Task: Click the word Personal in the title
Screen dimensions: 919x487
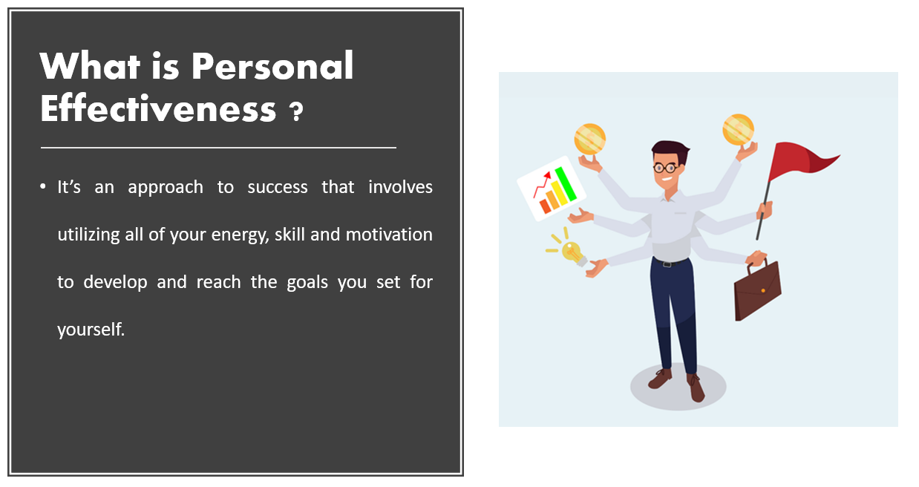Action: point(272,65)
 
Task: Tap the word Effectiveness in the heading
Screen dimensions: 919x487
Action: point(158,108)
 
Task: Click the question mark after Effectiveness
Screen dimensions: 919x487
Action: point(295,111)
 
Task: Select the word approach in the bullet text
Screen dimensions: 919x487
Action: point(166,188)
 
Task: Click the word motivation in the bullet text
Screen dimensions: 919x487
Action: point(389,235)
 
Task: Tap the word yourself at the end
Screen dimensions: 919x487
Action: point(91,330)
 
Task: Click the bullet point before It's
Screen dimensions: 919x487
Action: point(43,186)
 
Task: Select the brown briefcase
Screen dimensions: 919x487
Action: point(757,290)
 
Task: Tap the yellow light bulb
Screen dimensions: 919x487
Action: point(572,252)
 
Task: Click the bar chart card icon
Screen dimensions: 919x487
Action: point(551,189)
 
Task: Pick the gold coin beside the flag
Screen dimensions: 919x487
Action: point(738,130)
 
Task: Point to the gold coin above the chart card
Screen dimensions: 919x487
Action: point(590,139)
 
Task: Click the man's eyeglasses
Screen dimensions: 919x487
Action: point(665,167)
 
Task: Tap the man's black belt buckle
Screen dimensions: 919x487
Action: point(667,264)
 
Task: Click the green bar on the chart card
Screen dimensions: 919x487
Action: point(566,184)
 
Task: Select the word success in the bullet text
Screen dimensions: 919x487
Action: point(278,188)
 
